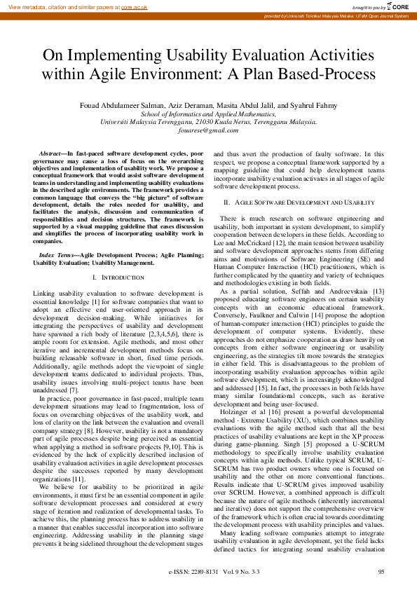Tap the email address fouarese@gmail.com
point(208,130)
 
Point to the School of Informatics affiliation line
point(208,113)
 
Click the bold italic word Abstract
point(50,153)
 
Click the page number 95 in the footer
point(381,572)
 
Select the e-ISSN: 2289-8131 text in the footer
point(193,572)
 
